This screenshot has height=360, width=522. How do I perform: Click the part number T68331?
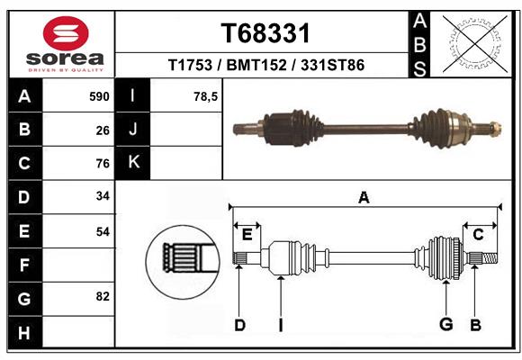coord(265,34)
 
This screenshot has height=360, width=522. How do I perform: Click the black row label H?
coord(24,332)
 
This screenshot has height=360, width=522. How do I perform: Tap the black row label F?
coord(24,265)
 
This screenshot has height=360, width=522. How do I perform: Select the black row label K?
coord(133,163)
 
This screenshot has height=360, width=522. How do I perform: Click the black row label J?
coord(133,130)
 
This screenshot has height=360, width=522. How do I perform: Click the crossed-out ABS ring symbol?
coord(474,41)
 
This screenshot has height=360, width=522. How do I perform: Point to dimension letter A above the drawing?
coord(364,197)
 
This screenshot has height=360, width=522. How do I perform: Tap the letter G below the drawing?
coord(445,325)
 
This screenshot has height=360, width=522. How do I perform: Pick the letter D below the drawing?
coord(239,325)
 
